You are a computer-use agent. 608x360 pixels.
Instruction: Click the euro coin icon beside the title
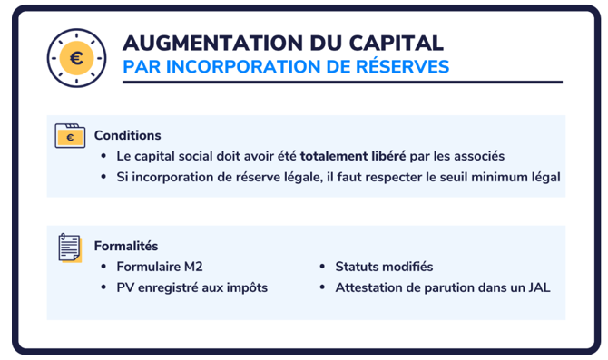pos(76,58)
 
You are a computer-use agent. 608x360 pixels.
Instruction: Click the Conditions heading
pos(128,135)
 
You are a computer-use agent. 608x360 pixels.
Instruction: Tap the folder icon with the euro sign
pos(70,136)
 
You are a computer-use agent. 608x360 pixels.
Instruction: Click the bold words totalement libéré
pos(353,156)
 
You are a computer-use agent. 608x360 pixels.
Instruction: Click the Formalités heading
pos(126,246)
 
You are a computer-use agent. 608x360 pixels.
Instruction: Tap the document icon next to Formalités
pos(70,248)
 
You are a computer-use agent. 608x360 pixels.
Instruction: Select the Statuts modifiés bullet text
pos(384,267)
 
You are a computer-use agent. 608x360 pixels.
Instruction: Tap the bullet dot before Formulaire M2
pos(103,267)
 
